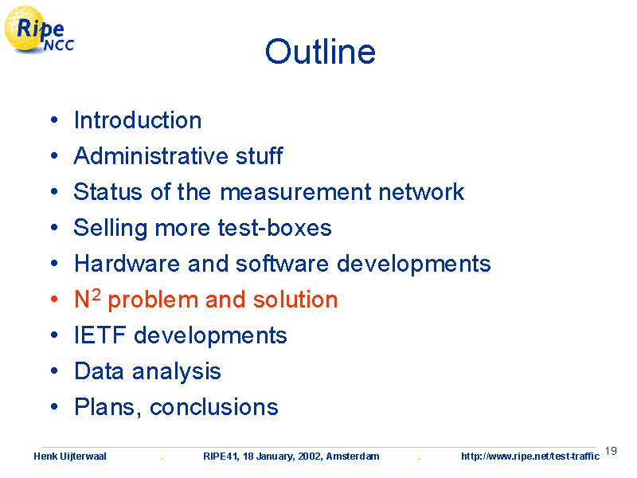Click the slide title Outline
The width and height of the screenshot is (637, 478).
(x=320, y=52)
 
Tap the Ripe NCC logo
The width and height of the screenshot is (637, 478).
(x=39, y=30)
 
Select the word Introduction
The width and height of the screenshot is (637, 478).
(x=138, y=120)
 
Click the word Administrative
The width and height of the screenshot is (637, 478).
(x=151, y=155)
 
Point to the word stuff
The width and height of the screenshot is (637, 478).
(x=260, y=155)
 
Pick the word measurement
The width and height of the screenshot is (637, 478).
(x=295, y=192)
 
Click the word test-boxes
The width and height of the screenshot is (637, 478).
(x=275, y=228)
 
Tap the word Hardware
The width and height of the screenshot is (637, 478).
(x=127, y=264)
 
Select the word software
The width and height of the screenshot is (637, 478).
(x=282, y=264)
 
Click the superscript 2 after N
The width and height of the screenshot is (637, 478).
(x=96, y=293)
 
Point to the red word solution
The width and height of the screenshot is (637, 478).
(x=295, y=300)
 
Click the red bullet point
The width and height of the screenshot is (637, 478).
(x=54, y=300)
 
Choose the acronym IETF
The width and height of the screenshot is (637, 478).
(x=100, y=335)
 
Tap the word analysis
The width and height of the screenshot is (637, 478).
(x=176, y=372)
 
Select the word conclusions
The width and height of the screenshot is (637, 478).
(x=214, y=407)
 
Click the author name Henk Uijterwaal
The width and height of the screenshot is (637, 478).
(x=70, y=456)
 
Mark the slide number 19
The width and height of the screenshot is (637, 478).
(x=611, y=451)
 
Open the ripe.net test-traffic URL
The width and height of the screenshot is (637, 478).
(x=530, y=456)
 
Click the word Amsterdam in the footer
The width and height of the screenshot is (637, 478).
(x=353, y=456)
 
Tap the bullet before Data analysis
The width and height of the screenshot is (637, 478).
(x=54, y=371)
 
